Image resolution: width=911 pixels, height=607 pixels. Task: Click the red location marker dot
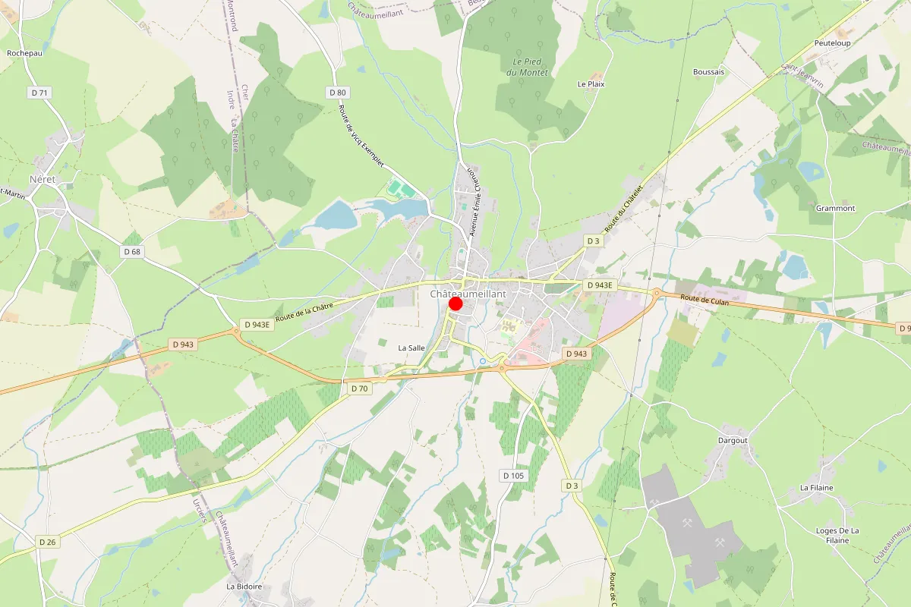tap(455, 303)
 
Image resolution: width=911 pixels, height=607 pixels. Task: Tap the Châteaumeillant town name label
tap(468, 293)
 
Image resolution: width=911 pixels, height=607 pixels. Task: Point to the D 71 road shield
tap(39, 93)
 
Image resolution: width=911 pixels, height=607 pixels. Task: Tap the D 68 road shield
tap(132, 250)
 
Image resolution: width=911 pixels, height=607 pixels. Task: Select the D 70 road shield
tap(359, 388)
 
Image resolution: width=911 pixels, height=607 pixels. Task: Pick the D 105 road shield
tap(513, 476)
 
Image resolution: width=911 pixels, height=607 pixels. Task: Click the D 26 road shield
tap(47, 541)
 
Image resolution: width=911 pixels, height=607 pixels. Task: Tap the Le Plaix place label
tap(591, 84)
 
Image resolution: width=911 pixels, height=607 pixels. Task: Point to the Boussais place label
tap(708, 72)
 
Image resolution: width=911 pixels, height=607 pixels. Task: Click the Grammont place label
tap(835, 208)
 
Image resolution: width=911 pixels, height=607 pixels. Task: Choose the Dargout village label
tap(733, 440)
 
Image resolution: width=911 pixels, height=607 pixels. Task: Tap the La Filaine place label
tap(816, 487)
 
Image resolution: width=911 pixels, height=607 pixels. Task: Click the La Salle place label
tap(412, 348)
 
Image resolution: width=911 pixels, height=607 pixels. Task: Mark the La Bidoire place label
tap(244, 587)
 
